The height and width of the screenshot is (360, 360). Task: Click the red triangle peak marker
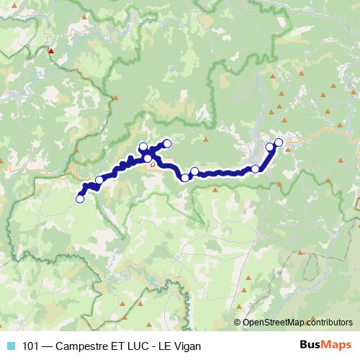click(51, 51)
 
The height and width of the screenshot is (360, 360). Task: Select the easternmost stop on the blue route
click(279, 143)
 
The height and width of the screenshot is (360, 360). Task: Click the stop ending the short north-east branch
click(168, 143)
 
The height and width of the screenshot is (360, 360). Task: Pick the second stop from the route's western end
click(99, 180)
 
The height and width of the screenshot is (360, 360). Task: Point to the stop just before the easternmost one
click(270, 147)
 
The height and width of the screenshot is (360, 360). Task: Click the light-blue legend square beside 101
click(11, 346)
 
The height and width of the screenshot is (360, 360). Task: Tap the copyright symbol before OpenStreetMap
click(238, 323)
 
